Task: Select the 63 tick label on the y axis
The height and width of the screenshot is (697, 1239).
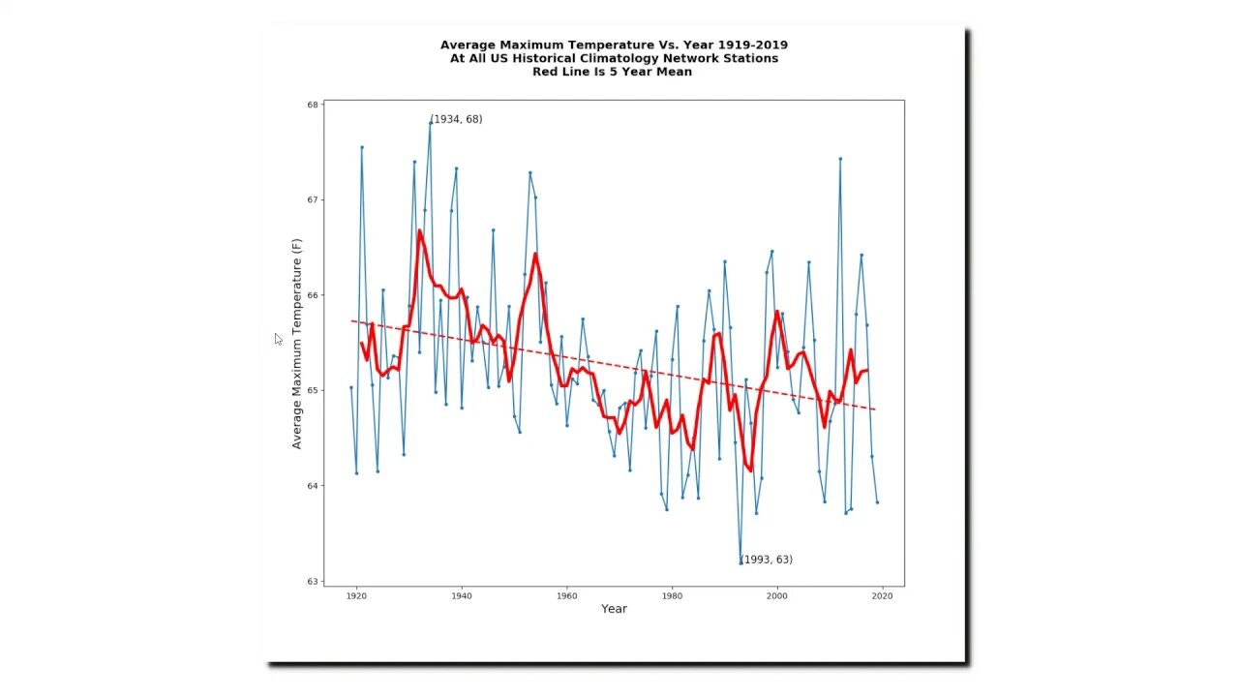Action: pyautogui.click(x=313, y=581)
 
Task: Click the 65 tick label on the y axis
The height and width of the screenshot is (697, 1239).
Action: pyautogui.click(x=313, y=390)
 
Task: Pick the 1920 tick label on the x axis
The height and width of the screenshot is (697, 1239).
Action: pyautogui.click(x=356, y=596)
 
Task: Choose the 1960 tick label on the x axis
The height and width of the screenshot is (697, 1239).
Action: pyautogui.click(x=566, y=596)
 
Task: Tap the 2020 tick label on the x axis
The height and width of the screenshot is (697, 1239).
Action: pyautogui.click(x=882, y=596)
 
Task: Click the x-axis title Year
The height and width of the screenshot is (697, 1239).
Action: pyautogui.click(x=614, y=609)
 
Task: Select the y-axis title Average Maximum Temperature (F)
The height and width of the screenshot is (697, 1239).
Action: pyautogui.click(x=297, y=344)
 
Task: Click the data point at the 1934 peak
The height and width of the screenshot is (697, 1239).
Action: pyautogui.click(x=430, y=123)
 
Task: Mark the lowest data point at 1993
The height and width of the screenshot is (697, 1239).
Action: pyautogui.click(x=740, y=562)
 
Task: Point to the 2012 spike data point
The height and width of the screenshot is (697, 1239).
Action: pyautogui.click(x=840, y=159)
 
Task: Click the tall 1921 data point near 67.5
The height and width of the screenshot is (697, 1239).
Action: pyautogui.click(x=362, y=147)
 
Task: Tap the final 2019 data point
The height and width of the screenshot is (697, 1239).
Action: pyautogui.click(x=877, y=501)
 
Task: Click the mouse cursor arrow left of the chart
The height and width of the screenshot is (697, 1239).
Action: pyautogui.click(x=278, y=338)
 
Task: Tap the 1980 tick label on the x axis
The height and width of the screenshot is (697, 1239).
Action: pyautogui.click(x=672, y=596)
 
